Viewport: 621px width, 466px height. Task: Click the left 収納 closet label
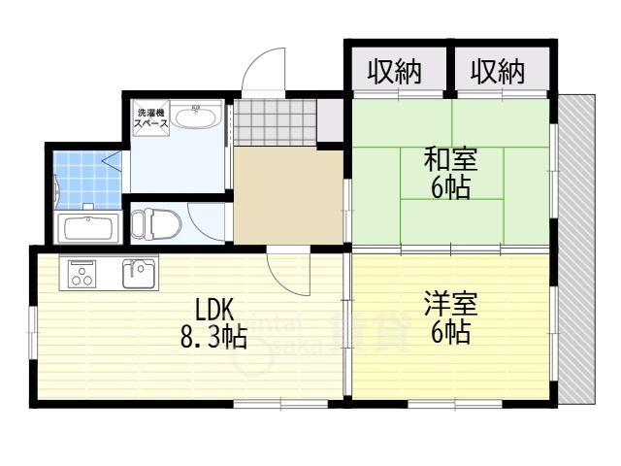[x=394, y=71]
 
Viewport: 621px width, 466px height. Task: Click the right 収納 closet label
[x=498, y=71]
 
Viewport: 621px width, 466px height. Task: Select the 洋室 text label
[x=450, y=305]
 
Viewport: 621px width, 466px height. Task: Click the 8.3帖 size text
[x=213, y=338]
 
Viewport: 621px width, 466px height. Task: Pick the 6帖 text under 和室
[x=450, y=188]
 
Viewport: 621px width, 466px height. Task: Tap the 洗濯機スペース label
[x=150, y=118]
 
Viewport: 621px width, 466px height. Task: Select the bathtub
[x=87, y=229]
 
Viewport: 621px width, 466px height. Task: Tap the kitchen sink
[x=139, y=273]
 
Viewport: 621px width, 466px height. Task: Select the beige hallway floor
[x=287, y=194]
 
